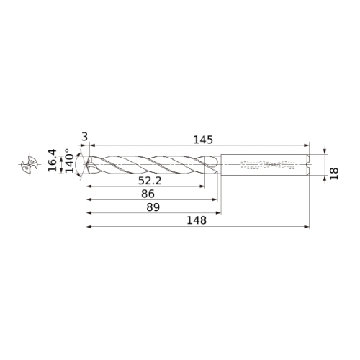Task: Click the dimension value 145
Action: [x=203, y=140]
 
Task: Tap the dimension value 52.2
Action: [x=150, y=181]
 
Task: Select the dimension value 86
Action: [x=148, y=194]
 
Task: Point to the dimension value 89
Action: [x=153, y=207]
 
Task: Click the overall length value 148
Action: [x=197, y=220]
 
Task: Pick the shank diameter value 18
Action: [x=334, y=174]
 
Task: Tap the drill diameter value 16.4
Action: [x=52, y=160]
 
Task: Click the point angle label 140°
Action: [x=70, y=161]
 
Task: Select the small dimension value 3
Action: [x=85, y=137]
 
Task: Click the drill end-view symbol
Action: [x=30, y=164]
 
